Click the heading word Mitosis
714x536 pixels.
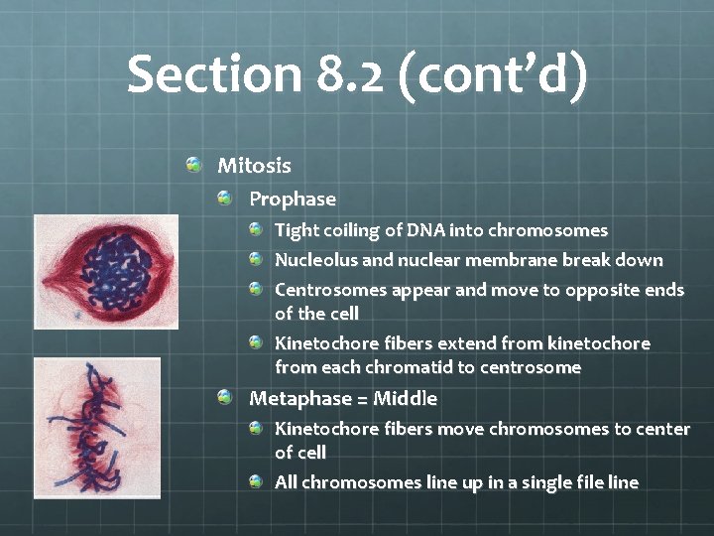click(x=254, y=165)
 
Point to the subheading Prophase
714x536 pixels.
click(x=293, y=200)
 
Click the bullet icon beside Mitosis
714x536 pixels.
click(x=194, y=164)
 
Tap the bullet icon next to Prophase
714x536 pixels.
click(x=226, y=199)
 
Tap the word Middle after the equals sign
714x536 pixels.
click(x=405, y=398)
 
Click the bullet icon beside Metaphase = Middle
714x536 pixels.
click(x=226, y=397)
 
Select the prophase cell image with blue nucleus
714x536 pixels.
click(x=92, y=271)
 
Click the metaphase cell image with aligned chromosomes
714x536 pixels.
click(x=95, y=427)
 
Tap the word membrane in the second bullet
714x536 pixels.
click(x=521, y=260)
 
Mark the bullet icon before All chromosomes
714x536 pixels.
click(x=256, y=481)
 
